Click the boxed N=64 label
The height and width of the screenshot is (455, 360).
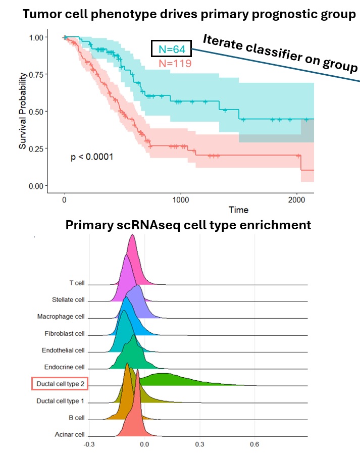pos(171,49)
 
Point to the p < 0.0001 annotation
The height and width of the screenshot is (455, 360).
pos(92,157)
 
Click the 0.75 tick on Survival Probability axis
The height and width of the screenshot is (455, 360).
pos(36,74)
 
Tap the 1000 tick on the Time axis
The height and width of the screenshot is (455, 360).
pos(180,200)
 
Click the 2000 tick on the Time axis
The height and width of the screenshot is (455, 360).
pos(297,200)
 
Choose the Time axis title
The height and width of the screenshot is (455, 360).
pos(238,210)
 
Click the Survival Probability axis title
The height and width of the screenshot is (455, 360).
pos(23,112)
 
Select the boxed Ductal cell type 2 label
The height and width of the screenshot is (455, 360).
pos(60,384)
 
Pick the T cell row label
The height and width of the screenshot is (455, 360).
pos(77,283)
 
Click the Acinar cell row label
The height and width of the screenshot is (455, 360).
pos(70,434)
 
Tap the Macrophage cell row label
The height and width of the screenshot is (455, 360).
pos(61,317)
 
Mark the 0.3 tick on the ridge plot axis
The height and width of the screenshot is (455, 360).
pos(200,444)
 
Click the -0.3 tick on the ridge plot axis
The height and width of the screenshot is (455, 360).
pos(89,444)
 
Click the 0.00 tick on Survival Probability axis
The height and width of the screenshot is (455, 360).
pos(36,186)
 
